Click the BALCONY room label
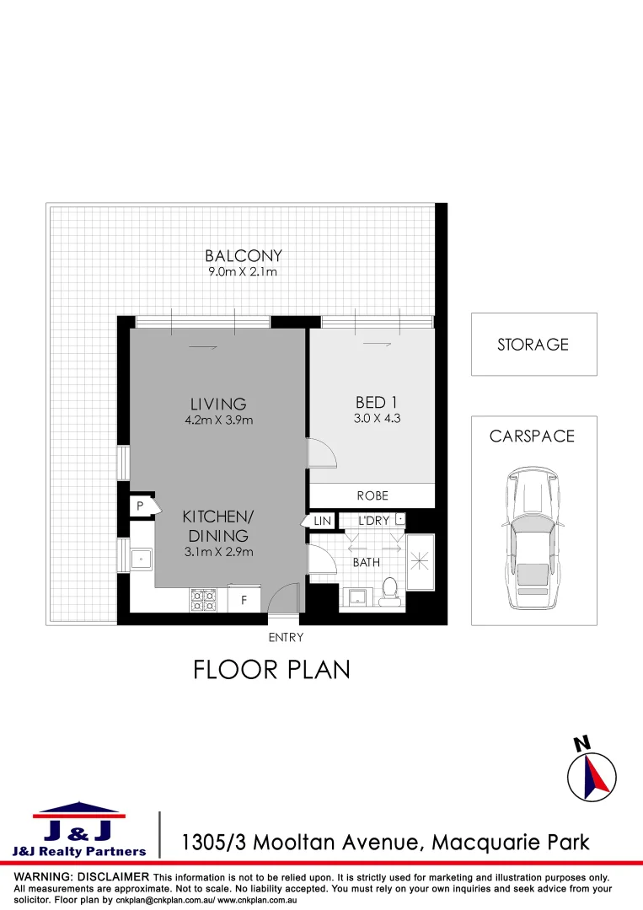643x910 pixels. click(x=244, y=256)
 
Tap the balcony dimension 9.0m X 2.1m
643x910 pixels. click(x=243, y=272)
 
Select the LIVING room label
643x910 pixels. click(x=218, y=404)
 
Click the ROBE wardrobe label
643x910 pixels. click(x=372, y=495)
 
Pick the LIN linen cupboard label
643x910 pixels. click(x=322, y=522)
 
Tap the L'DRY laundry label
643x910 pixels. click(x=373, y=521)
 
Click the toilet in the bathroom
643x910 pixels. click(x=389, y=590)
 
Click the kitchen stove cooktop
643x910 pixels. click(x=203, y=600)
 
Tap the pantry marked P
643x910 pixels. click(x=139, y=506)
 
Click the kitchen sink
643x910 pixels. click(x=139, y=557)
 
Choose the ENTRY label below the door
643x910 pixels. click(x=286, y=638)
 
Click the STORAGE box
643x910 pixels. click(x=533, y=344)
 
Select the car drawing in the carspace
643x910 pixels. click(x=533, y=539)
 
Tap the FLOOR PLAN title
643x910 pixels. click(x=271, y=670)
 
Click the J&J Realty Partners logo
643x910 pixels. click(x=79, y=830)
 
